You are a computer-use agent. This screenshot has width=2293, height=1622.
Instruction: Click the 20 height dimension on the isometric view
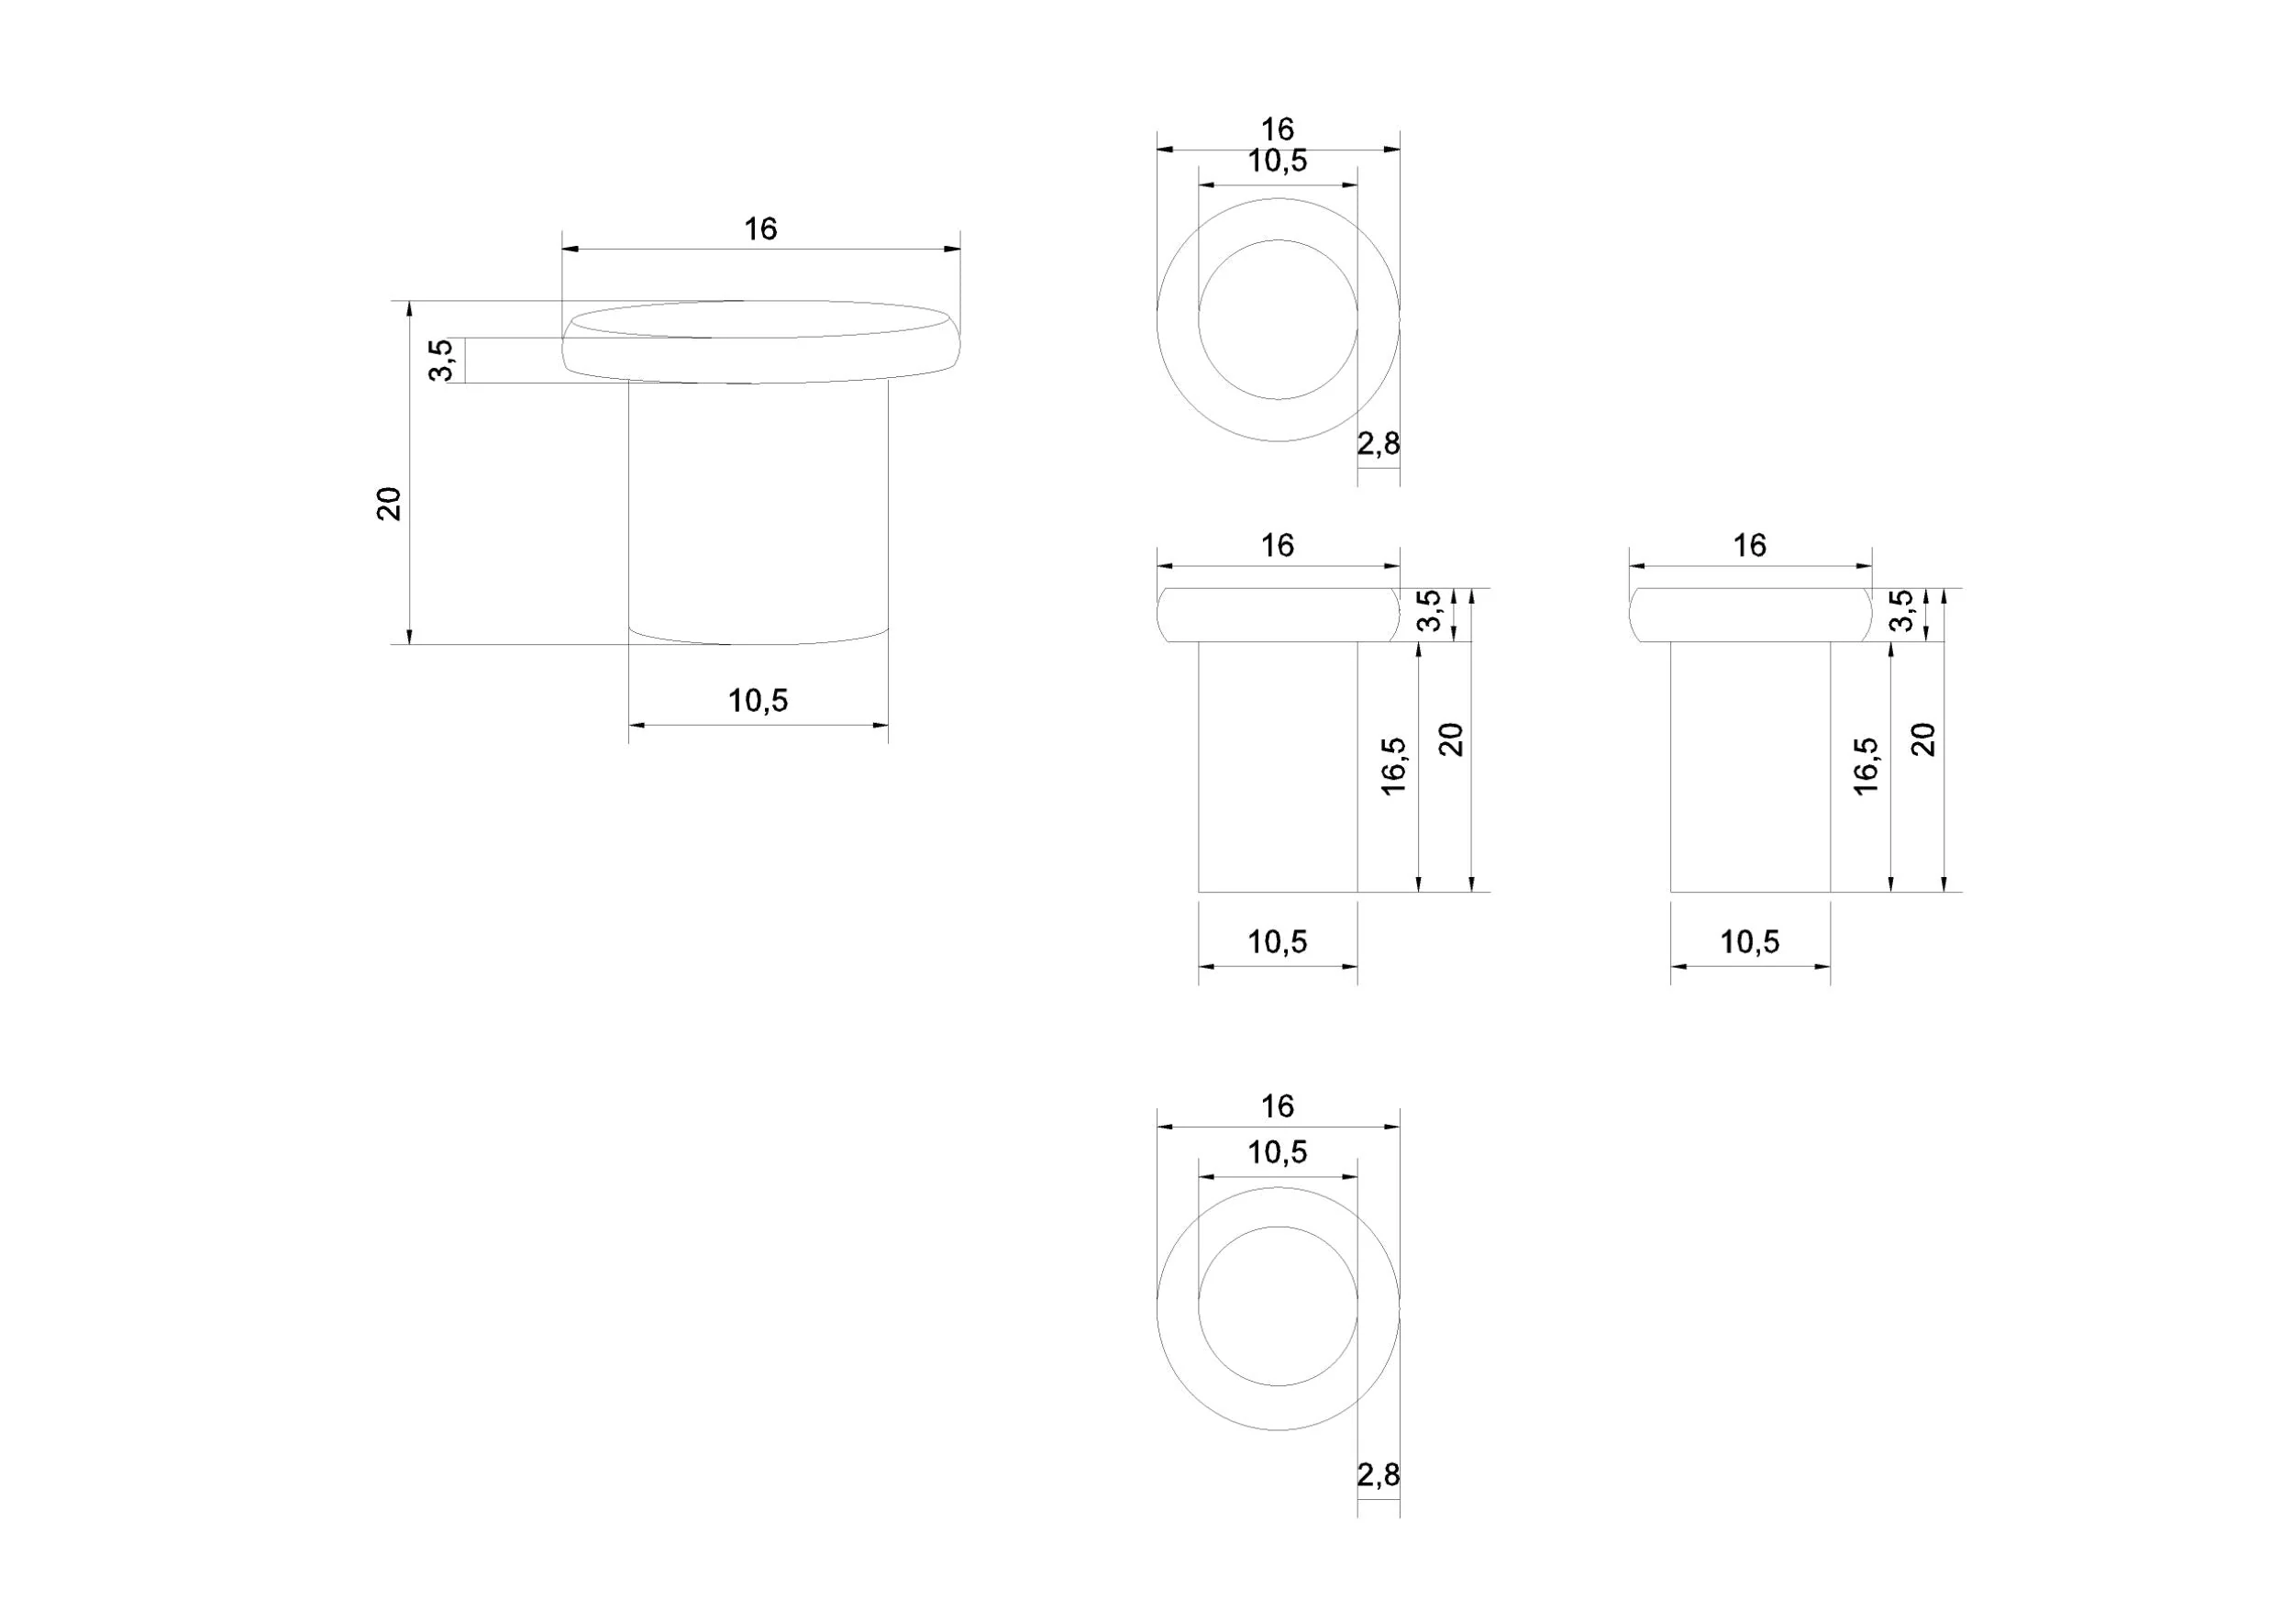389,504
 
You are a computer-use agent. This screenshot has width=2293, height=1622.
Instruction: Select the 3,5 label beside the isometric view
441,361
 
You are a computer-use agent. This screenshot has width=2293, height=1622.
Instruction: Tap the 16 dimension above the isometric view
760,229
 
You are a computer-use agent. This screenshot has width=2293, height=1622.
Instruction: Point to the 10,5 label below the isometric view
758,701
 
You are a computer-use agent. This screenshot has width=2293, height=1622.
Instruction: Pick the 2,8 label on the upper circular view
1379,443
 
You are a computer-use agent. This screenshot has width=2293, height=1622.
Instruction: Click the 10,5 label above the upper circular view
1278,161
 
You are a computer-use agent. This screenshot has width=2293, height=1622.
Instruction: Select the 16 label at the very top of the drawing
1278,130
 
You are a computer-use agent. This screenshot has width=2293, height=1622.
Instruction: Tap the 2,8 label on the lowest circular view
1379,1474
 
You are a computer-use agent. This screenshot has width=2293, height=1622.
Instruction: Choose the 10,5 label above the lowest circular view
1278,1152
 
